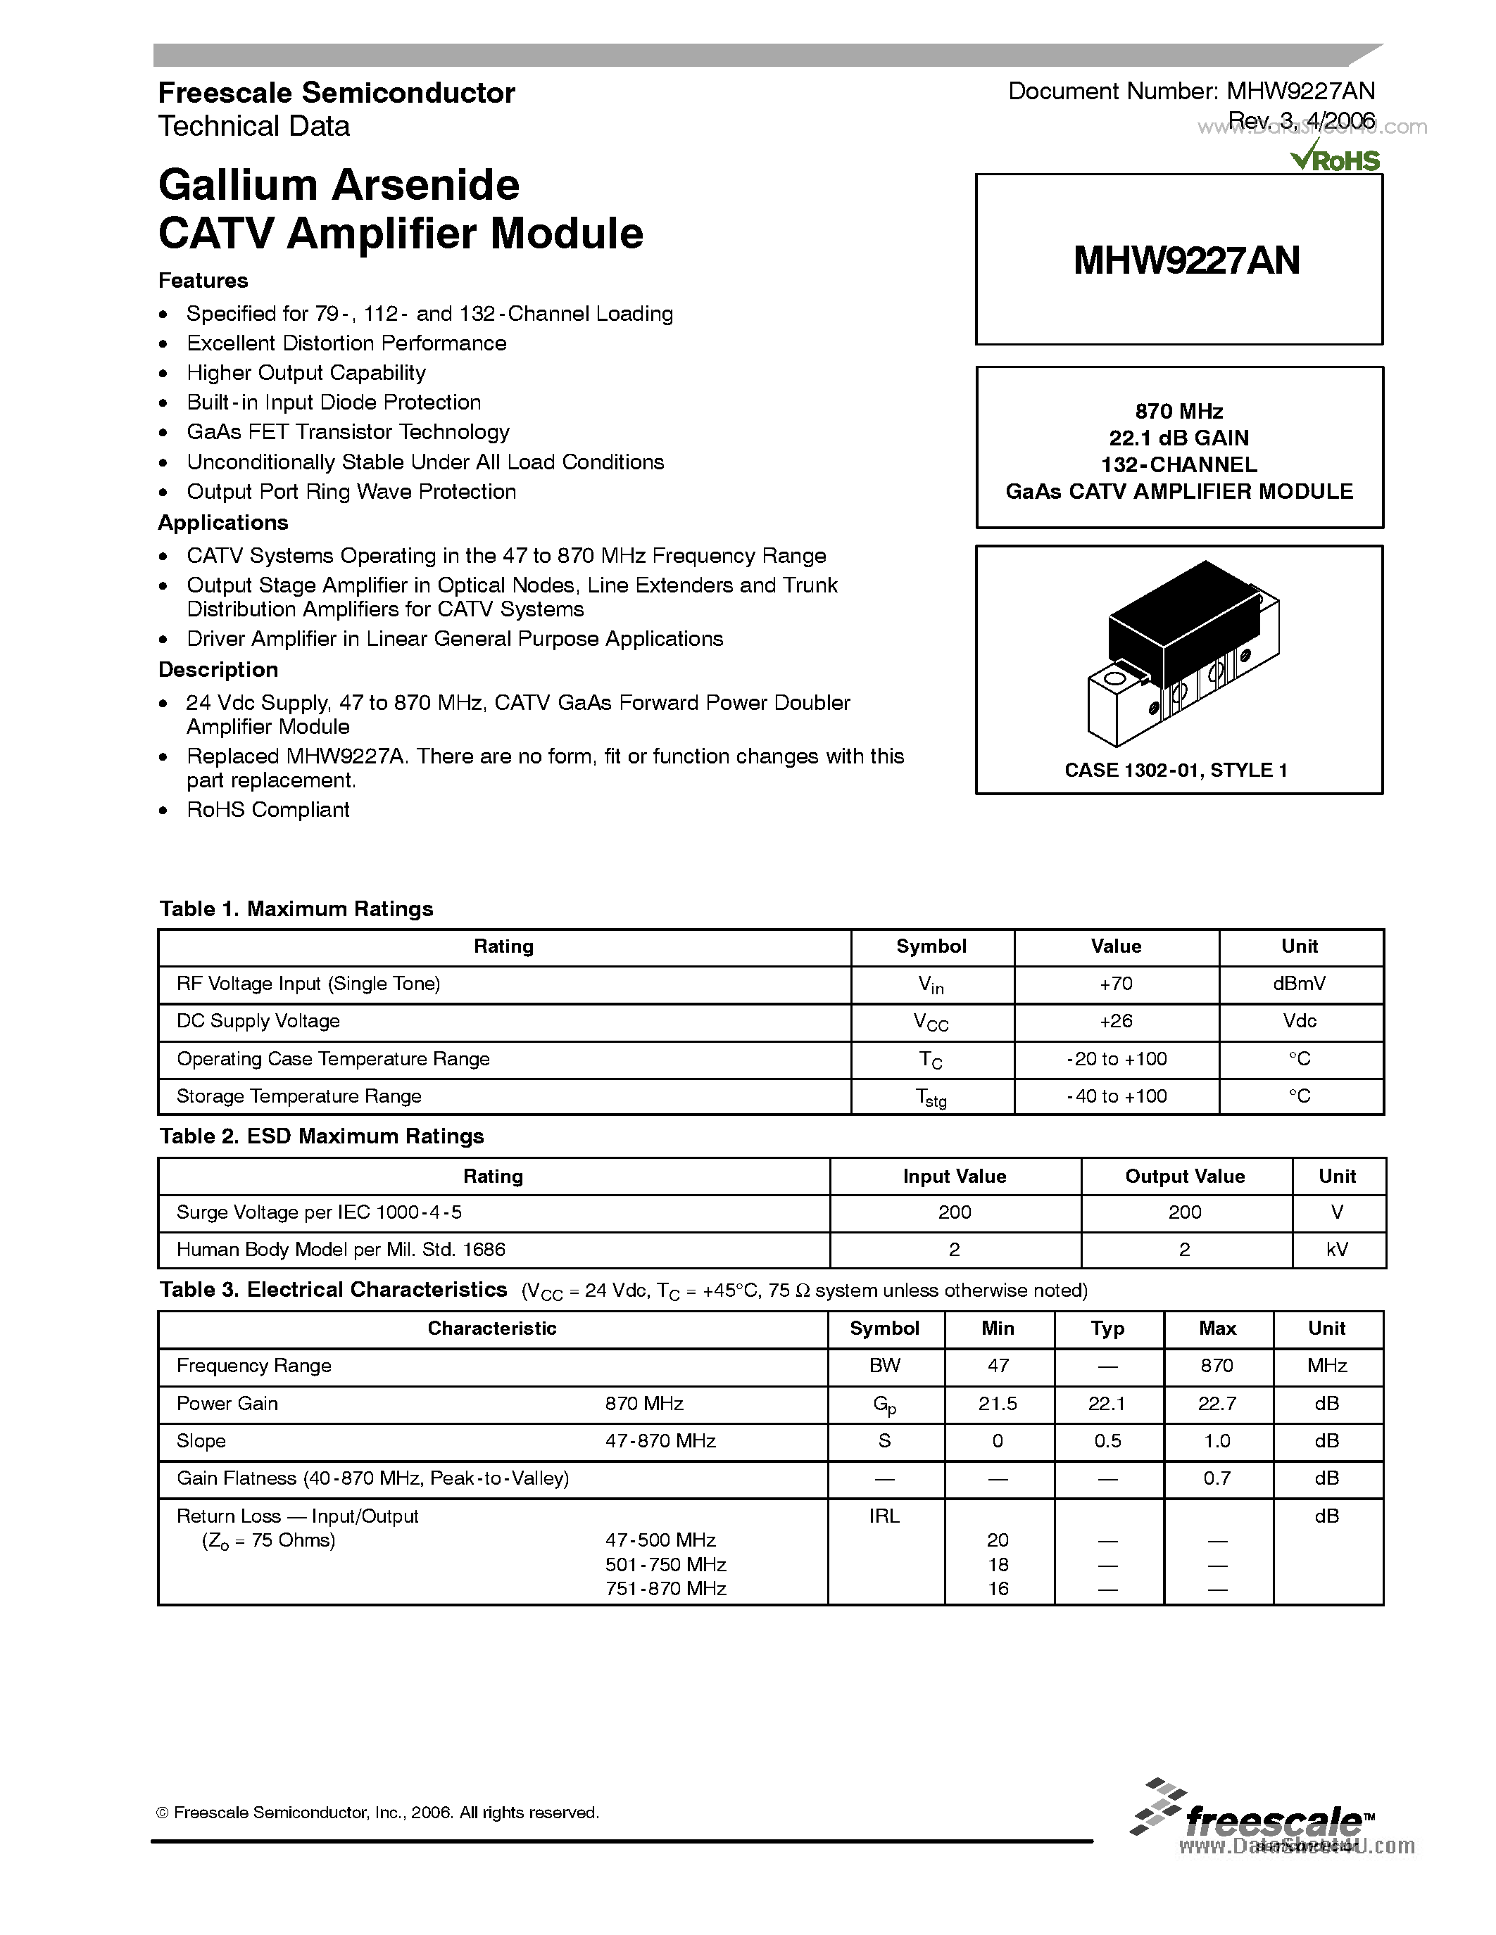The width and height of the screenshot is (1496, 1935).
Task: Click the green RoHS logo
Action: [1335, 160]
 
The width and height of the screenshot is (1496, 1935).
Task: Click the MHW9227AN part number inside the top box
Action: [1186, 260]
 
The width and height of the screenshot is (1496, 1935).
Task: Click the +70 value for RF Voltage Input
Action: [1116, 984]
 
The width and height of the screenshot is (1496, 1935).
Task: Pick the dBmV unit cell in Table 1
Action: [1300, 984]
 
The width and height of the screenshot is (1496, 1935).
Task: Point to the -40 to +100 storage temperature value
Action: [1116, 1096]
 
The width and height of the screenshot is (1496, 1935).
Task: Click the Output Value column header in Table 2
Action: [1184, 1176]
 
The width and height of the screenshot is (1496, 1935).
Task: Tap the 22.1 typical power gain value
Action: [1107, 1404]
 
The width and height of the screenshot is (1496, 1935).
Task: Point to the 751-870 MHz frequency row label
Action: [665, 1589]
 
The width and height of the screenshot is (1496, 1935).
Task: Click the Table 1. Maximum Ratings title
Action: [296, 909]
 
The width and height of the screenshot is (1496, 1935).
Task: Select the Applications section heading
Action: [223, 523]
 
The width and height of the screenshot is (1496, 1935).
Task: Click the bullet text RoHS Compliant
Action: [268, 810]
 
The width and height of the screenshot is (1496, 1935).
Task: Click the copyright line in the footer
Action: [377, 1813]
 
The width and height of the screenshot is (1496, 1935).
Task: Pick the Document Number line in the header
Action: [1191, 91]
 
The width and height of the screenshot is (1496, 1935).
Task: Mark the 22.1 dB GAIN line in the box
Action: [1178, 438]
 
